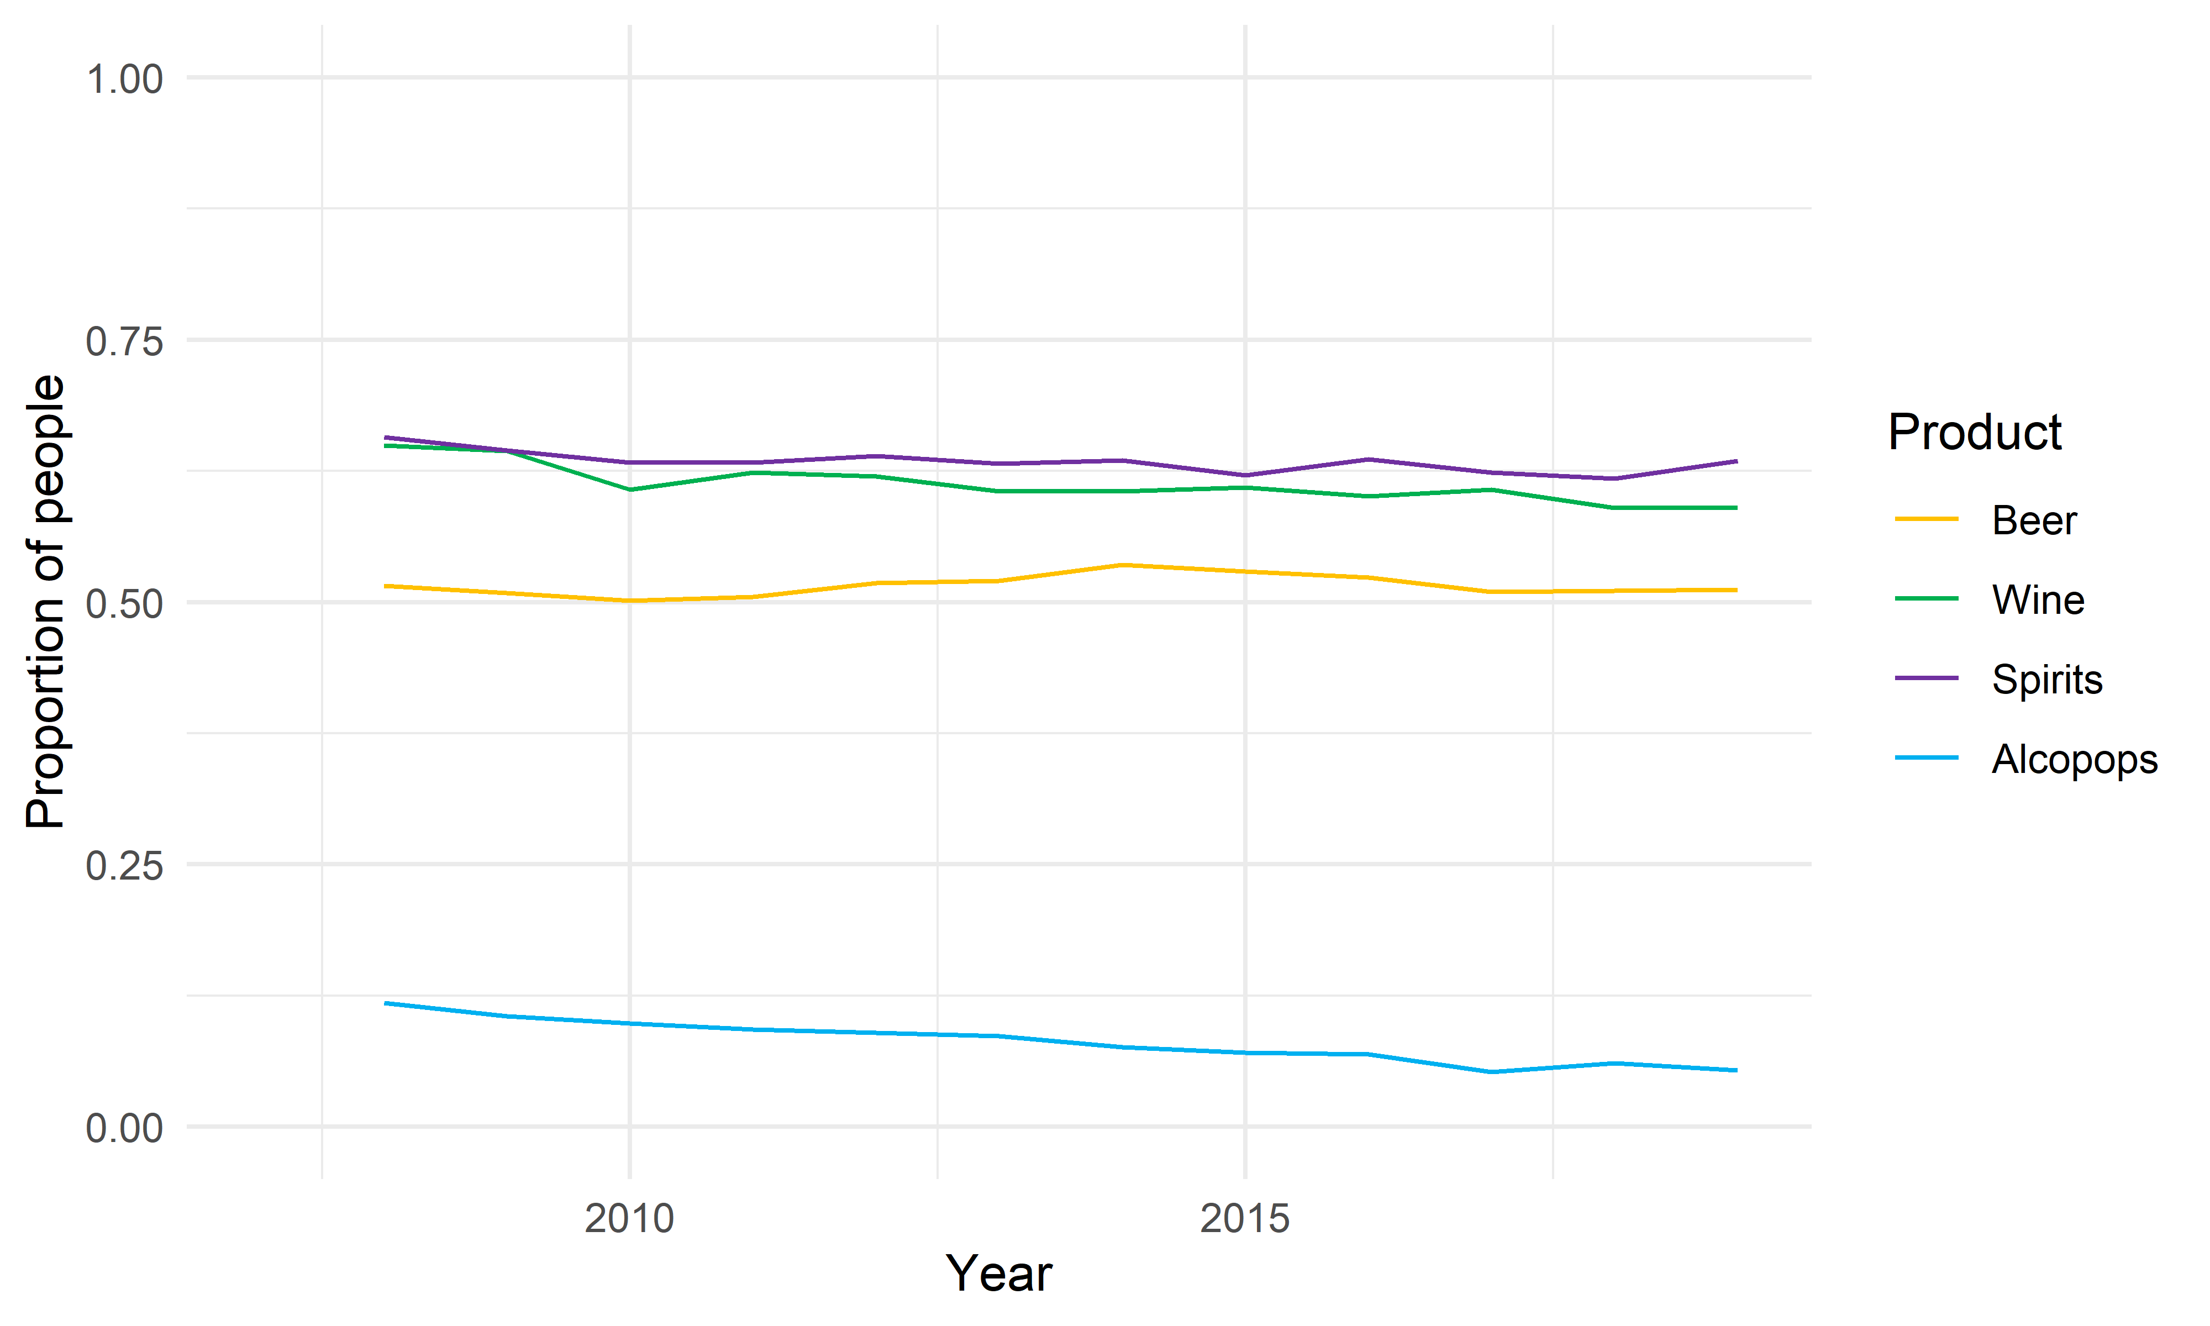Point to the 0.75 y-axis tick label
tap(124, 341)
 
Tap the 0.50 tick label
tap(124, 604)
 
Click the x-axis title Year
tap(999, 1274)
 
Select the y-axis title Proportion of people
tap(45, 601)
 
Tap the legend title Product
tap(1974, 433)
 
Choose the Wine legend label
tap(2038, 599)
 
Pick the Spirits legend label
tap(2046, 679)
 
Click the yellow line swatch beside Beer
tap(1926, 519)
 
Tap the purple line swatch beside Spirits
tap(1926, 678)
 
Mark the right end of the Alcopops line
tap(1735, 1070)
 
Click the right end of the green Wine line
tap(1735, 508)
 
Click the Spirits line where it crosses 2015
tap(1245, 475)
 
